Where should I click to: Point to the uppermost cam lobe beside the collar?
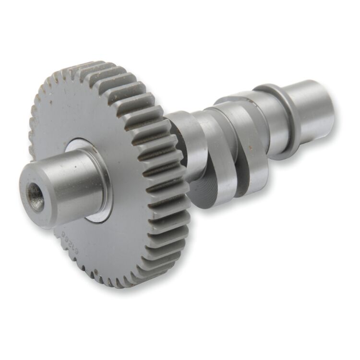click(235, 103)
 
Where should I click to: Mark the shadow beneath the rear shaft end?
click(307, 144)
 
